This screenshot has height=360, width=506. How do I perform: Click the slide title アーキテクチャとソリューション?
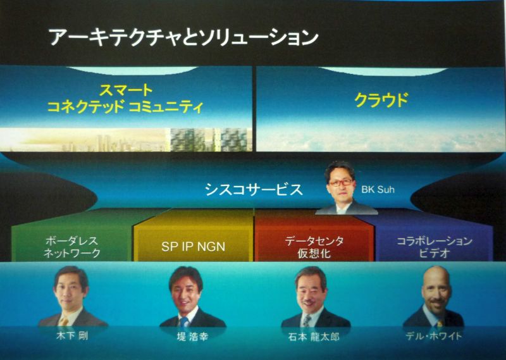(x=183, y=37)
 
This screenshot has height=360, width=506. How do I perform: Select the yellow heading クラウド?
(x=381, y=100)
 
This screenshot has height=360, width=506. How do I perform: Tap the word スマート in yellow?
(x=126, y=90)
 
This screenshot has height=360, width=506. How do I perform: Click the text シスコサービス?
(x=254, y=190)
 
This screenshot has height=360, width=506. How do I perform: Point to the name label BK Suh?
(x=378, y=189)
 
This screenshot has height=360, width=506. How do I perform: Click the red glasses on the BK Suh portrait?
(x=341, y=182)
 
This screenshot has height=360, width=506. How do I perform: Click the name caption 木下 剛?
(x=71, y=336)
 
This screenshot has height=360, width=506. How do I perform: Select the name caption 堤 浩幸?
(x=193, y=337)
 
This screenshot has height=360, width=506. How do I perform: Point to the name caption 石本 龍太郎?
(x=314, y=337)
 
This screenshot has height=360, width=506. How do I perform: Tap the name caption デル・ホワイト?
(x=434, y=336)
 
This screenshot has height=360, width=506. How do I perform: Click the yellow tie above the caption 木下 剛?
(x=64, y=321)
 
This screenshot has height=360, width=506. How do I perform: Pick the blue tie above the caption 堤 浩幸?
(x=184, y=321)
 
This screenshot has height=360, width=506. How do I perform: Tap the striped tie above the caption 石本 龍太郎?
(x=306, y=321)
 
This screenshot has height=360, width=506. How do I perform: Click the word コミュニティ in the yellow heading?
(x=166, y=107)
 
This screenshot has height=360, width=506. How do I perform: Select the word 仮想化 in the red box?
(x=314, y=254)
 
